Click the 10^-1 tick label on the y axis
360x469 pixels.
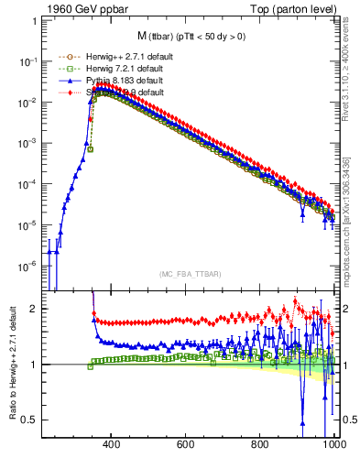point(27,61)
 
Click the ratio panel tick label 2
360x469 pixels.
point(32,309)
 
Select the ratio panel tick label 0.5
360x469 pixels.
point(28,420)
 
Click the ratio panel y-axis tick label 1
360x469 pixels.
point(32,365)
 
